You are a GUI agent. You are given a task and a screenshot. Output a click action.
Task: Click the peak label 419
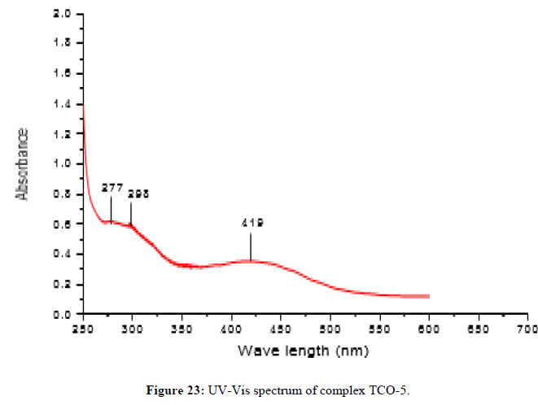click(x=251, y=223)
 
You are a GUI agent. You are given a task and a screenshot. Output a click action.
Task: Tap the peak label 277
click(x=112, y=188)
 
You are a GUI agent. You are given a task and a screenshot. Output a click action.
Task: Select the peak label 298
click(x=138, y=194)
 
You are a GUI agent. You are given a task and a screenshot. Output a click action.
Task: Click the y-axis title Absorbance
click(x=24, y=164)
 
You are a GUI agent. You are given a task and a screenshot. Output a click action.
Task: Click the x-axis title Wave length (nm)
click(x=302, y=351)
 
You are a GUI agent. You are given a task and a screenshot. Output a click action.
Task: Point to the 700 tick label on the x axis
click(x=527, y=329)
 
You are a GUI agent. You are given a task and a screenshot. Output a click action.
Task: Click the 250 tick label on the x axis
click(x=83, y=329)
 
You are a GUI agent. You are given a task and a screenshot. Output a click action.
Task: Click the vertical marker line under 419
click(x=251, y=246)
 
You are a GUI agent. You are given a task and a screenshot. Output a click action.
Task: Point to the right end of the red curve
click(x=428, y=296)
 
